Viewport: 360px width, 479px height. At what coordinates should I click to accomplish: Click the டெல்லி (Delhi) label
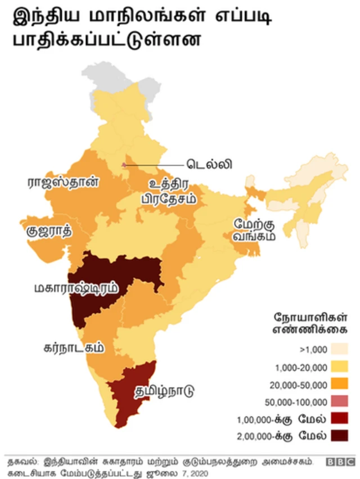click(210, 165)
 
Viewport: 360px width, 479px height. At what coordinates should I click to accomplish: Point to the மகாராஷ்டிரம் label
click(75, 288)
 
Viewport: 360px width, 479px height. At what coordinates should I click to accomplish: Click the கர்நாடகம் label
click(74, 347)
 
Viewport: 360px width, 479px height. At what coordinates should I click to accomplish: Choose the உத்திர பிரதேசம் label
click(168, 192)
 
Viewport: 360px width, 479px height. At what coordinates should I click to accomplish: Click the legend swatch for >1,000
click(339, 349)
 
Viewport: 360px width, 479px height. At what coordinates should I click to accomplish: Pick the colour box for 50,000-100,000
click(339, 401)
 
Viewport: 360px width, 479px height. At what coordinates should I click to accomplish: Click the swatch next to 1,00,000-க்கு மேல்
click(339, 418)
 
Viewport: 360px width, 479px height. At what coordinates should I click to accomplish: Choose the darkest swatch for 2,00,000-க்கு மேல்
click(339, 436)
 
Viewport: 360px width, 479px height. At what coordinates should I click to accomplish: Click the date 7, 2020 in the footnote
click(192, 473)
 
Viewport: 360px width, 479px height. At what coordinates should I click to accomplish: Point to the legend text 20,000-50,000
click(301, 385)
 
